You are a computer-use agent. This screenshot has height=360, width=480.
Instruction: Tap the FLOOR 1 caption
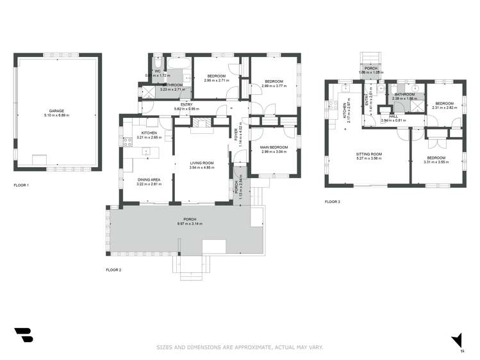tap(22, 185)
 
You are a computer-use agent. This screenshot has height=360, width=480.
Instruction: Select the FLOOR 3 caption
tap(332, 202)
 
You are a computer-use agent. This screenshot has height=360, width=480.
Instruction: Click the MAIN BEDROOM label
tap(274, 147)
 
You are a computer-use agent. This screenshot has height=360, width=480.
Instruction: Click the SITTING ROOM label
tap(368, 154)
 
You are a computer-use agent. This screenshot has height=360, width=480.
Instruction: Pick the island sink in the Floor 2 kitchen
tap(147, 152)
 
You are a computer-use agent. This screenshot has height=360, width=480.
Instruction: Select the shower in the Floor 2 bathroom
tap(147, 92)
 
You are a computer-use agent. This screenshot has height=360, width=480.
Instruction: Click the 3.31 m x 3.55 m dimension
tap(436, 162)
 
